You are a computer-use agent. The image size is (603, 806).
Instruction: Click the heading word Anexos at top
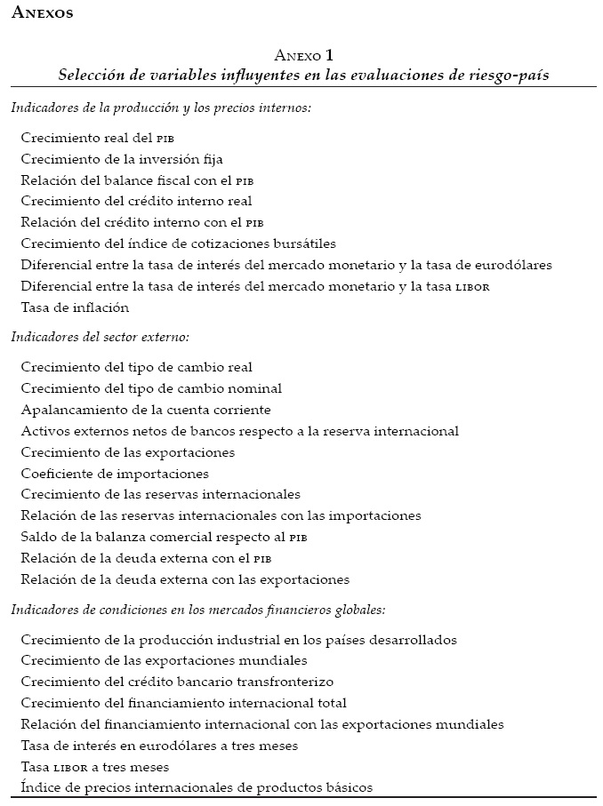coord(44,14)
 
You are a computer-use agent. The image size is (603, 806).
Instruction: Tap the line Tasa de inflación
coord(75,307)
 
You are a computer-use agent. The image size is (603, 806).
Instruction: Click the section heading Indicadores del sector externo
coord(100,337)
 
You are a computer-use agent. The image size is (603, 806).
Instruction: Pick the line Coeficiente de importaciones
coord(115,474)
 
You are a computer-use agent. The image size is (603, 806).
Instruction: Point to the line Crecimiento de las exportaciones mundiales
coord(164,660)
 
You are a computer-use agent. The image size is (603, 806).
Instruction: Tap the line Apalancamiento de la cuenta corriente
coord(146,410)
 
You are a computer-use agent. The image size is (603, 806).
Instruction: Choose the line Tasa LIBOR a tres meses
coord(94,766)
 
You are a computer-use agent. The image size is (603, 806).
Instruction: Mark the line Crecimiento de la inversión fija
coord(121,159)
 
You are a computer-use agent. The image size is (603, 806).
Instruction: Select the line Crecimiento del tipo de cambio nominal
coord(151,388)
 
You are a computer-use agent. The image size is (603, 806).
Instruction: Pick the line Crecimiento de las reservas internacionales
coord(160,494)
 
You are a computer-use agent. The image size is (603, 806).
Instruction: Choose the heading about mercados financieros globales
coord(197,610)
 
